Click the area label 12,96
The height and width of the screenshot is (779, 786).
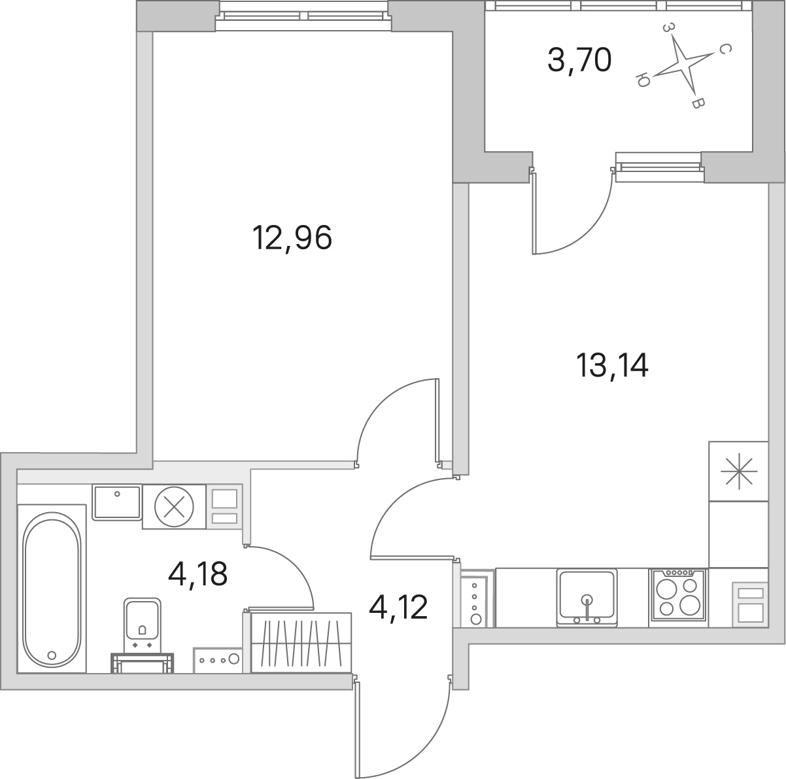pos(292,238)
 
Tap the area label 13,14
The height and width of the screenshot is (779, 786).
pos(612,365)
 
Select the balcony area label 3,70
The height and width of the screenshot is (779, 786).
pos(579,59)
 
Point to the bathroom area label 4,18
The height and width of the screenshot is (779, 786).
pos(197,574)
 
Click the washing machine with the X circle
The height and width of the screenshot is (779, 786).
pos(174,507)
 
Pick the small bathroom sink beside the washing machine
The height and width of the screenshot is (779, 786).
pos(116,502)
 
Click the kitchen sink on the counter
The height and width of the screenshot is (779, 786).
pos(587,598)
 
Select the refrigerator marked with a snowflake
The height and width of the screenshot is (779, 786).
pos(738,471)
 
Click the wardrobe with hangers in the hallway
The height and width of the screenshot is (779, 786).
pos(301,642)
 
